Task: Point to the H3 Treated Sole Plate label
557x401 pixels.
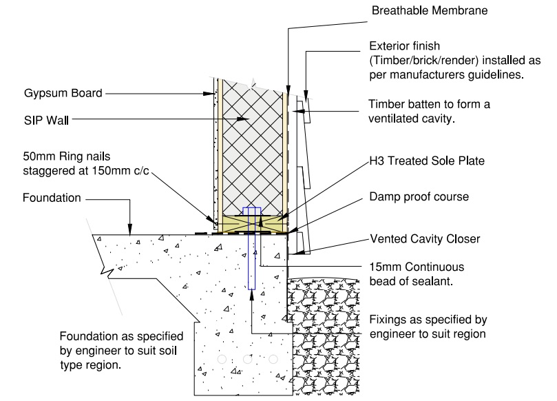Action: pos(427,161)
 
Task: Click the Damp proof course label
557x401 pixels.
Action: pos(419,196)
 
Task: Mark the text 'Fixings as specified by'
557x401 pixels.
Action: pos(428,320)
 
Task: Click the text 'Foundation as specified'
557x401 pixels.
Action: pos(121,337)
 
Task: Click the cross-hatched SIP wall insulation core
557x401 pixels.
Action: pos(252,152)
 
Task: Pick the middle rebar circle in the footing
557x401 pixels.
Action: pos(247,360)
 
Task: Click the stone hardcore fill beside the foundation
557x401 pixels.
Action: pos(320,331)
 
